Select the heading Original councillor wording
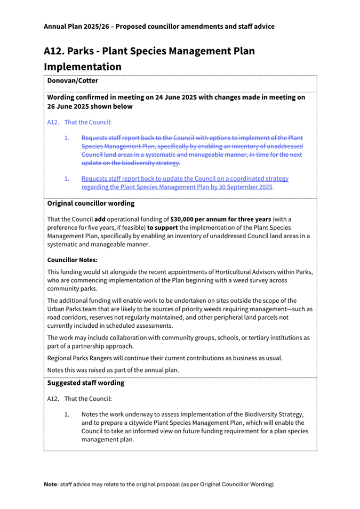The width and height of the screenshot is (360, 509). point(91,204)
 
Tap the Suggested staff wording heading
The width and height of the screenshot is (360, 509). point(86,383)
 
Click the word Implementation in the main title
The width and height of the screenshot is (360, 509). point(82,67)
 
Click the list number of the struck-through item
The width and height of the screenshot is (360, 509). point(67,138)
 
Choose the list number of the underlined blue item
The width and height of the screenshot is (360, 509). point(67,179)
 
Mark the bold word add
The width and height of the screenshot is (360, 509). point(100,219)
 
